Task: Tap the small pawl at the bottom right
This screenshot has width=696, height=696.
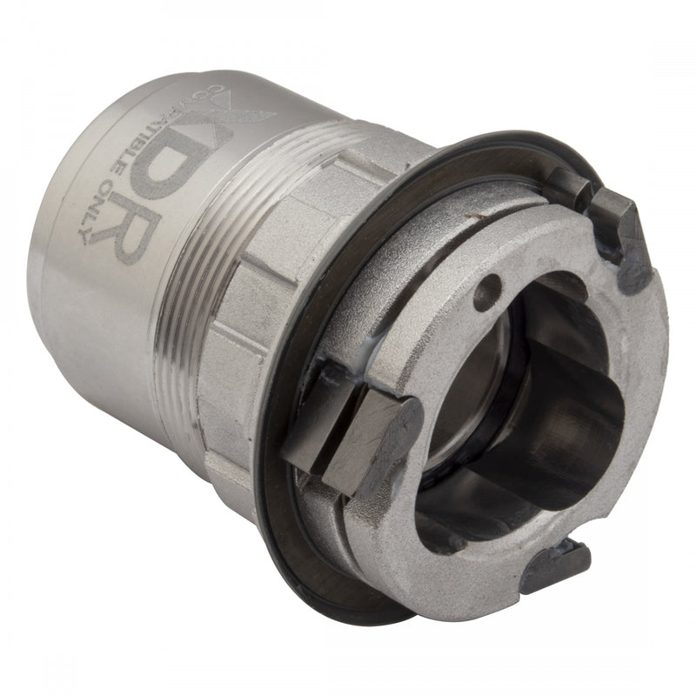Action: [x=557, y=565]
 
